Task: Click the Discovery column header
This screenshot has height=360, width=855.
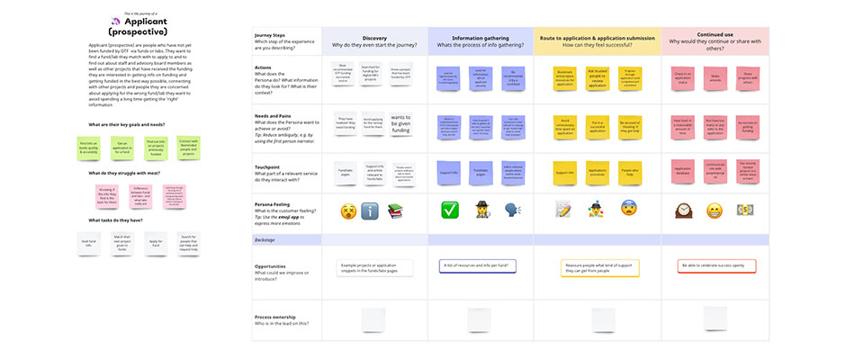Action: tap(374, 37)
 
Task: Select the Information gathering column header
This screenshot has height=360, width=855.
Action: tap(481, 37)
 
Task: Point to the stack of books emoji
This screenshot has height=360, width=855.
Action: tap(396, 211)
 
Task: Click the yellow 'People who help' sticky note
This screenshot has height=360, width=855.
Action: tap(628, 170)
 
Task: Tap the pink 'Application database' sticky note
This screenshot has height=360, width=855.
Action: tap(685, 170)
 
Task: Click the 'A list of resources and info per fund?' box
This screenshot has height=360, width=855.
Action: tap(481, 265)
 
